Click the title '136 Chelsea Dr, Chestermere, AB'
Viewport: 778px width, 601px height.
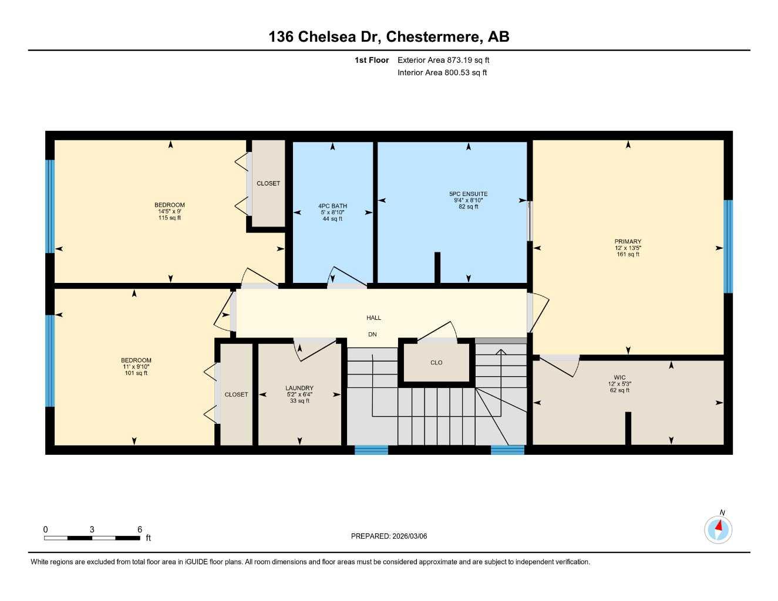click(389, 36)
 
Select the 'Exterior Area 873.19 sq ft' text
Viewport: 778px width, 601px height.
click(443, 60)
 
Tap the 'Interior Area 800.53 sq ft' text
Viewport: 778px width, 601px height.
click(442, 73)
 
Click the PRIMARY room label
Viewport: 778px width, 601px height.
click(628, 241)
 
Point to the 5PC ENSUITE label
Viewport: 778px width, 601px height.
click(468, 194)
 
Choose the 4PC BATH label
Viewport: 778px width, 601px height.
click(332, 206)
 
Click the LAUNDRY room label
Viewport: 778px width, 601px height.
click(299, 388)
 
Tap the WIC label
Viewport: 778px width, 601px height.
click(619, 377)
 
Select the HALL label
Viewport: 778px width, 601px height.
click(373, 318)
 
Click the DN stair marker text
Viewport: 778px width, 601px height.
click(372, 335)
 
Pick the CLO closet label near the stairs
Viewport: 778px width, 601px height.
click(436, 363)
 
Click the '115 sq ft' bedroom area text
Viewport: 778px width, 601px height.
click(170, 218)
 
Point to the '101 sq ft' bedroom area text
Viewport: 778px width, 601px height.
click(136, 373)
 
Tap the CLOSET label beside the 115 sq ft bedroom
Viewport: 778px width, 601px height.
click(268, 184)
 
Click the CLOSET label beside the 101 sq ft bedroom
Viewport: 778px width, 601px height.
click(236, 394)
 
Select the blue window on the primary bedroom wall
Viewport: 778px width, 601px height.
click(728, 247)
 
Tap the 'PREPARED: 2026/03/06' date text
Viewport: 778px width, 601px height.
click(389, 536)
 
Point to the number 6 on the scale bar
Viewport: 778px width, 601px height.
click(140, 529)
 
